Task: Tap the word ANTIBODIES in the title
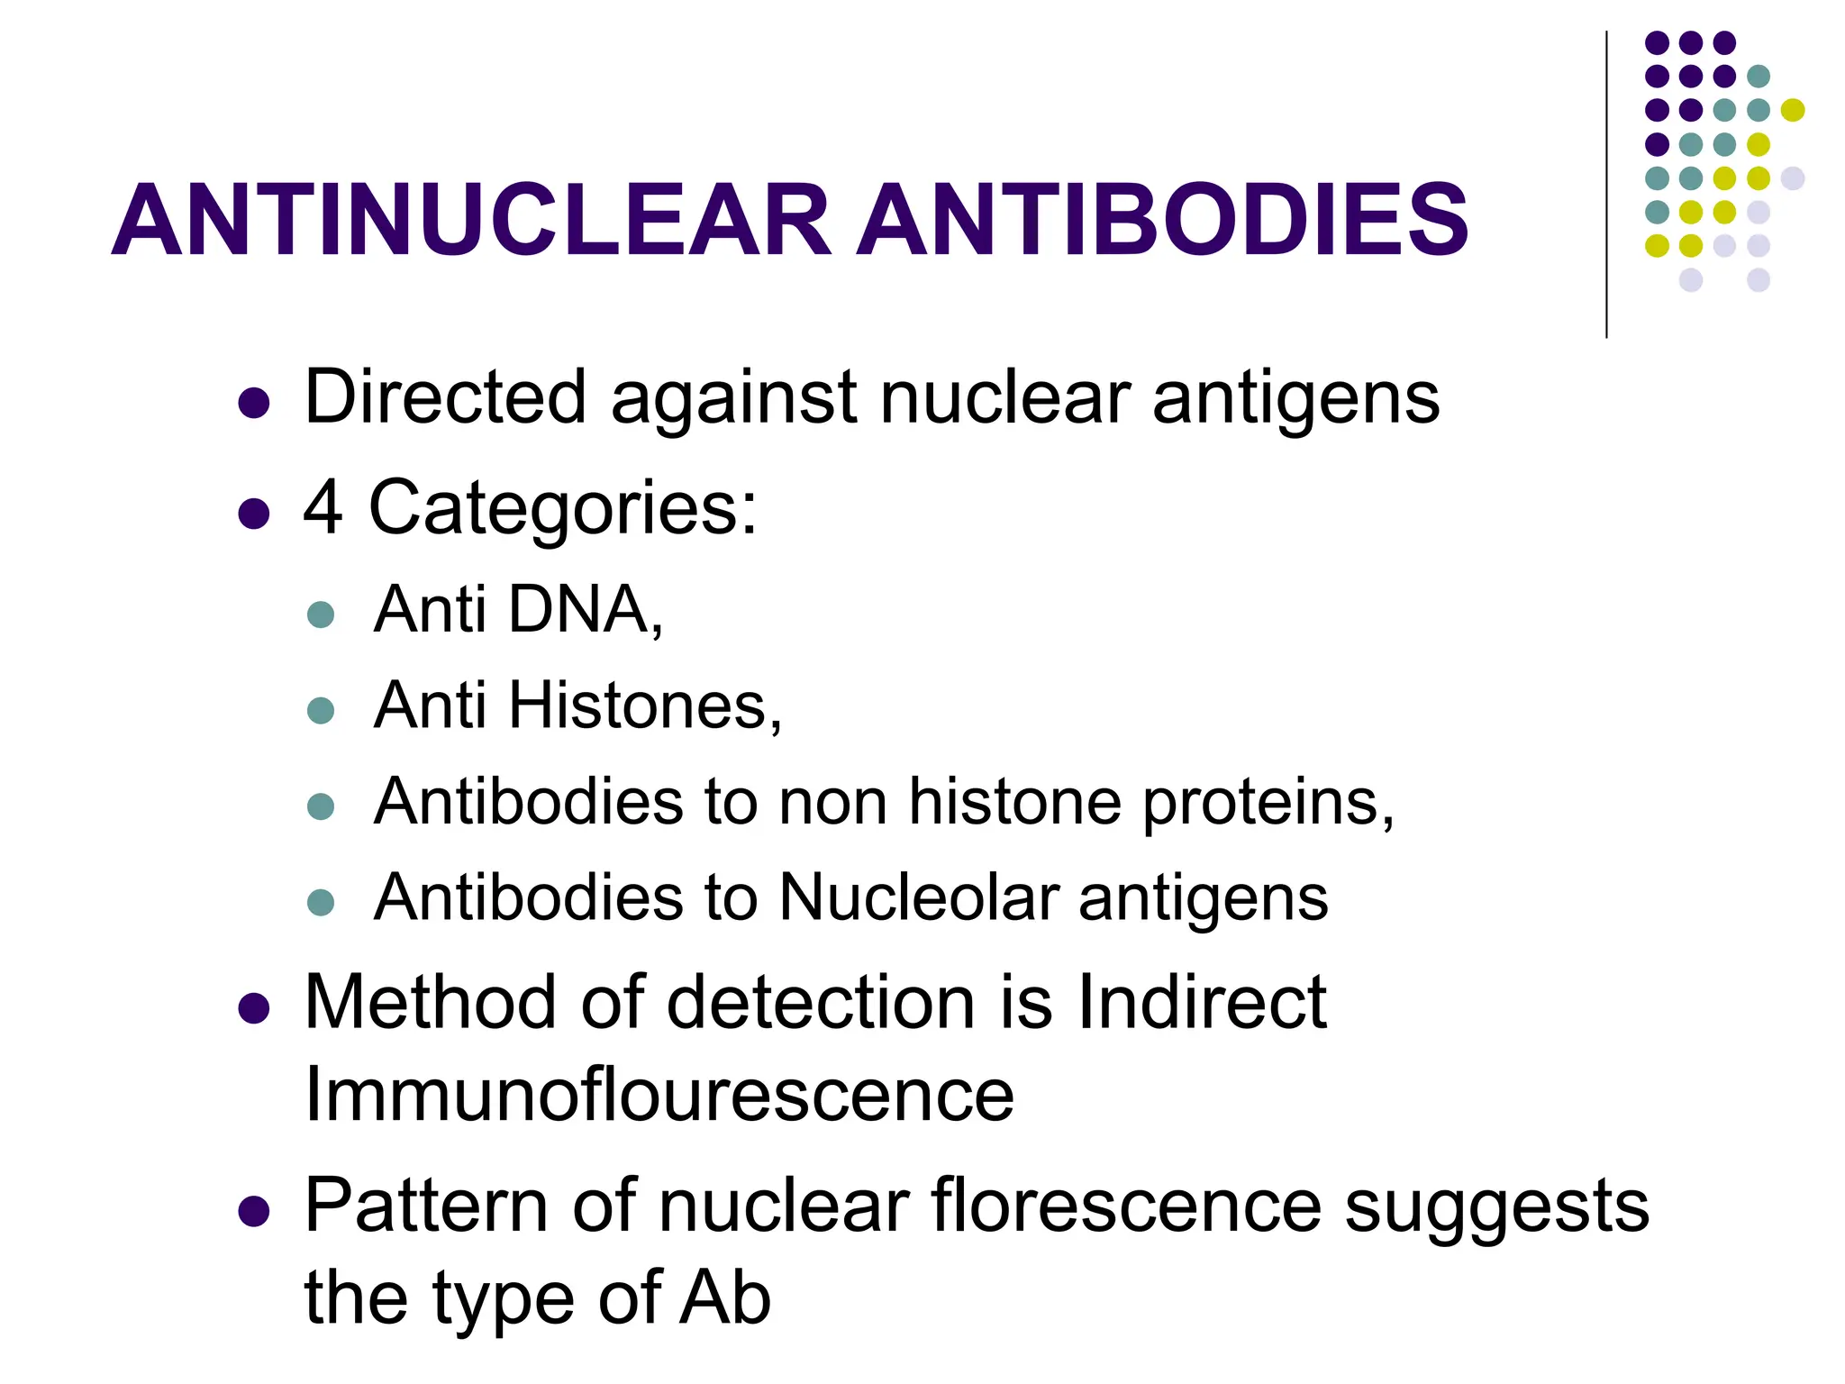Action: (x=1162, y=220)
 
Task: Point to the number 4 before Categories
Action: (x=323, y=507)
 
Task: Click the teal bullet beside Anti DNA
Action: (x=321, y=615)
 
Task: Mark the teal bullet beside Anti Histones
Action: (x=321, y=711)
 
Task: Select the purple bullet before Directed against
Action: (x=254, y=403)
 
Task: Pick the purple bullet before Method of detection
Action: (x=254, y=1008)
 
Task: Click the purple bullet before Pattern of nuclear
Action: (x=254, y=1212)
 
